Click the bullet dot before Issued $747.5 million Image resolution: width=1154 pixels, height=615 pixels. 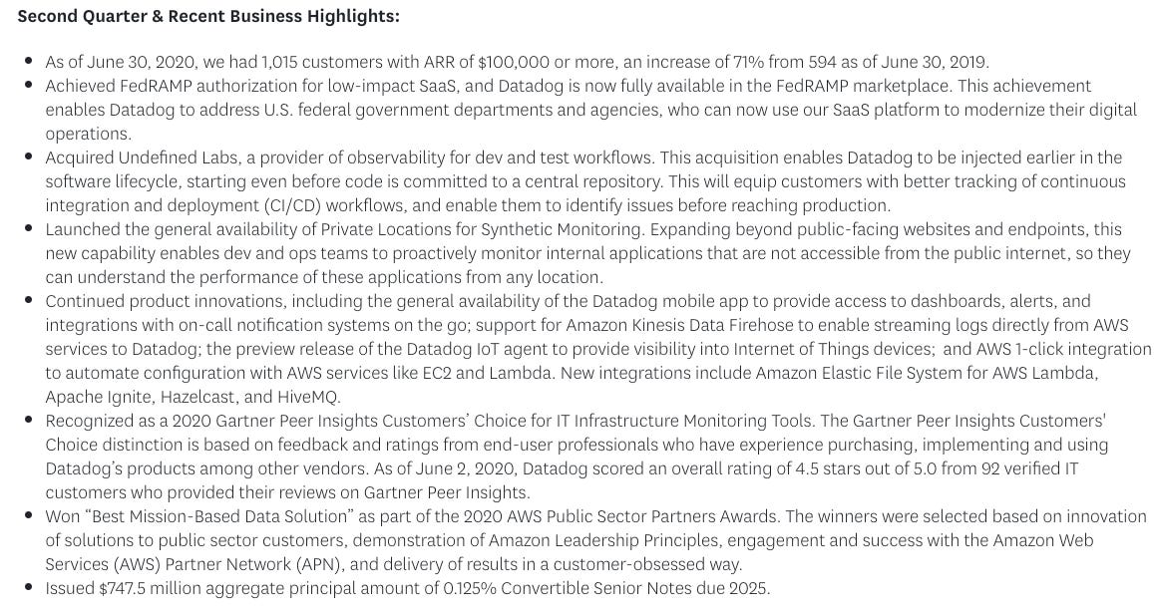pos(28,588)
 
